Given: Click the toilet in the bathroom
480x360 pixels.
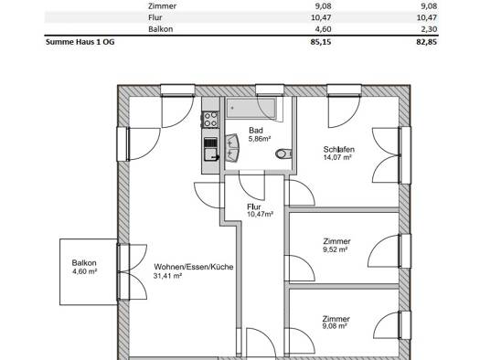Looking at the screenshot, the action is click(x=283, y=154).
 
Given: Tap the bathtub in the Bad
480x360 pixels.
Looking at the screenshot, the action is click(x=251, y=109).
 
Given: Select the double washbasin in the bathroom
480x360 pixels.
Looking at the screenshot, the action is click(x=232, y=147).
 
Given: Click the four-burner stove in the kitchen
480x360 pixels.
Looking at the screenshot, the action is click(x=210, y=120).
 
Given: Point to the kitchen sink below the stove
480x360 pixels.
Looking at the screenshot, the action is click(x=211, y=154).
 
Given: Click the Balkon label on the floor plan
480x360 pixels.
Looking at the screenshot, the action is click(x=84, y=263).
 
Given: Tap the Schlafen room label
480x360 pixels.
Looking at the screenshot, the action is click(x=339, y=150).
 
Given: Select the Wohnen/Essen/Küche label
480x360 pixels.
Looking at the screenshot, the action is click(x=194, y=267).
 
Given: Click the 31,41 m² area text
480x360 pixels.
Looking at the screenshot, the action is click(x=167, y=276).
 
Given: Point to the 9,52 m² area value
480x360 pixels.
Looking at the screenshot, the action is click(x=335, y=249).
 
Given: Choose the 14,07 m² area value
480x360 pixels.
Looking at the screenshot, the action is click(x=337, y=157).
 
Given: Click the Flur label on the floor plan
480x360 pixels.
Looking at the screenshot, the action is click(x=254, y=206).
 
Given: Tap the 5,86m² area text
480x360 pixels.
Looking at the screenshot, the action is click(x=260, y=139).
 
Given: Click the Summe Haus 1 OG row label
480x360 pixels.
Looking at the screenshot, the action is click(x=80, y=42).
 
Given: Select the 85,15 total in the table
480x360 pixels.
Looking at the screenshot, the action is click(x=321, y=42).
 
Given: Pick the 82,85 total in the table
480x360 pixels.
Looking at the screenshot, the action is click(x=426, y=42).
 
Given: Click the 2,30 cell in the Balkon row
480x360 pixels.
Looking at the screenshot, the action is click(x=427, y=29).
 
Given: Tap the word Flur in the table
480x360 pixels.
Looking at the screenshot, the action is click(x=155, y=17).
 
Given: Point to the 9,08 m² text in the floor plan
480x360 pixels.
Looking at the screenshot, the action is click(x=335, y=326).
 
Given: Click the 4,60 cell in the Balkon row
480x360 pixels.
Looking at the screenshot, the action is click(x=321, y=29).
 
